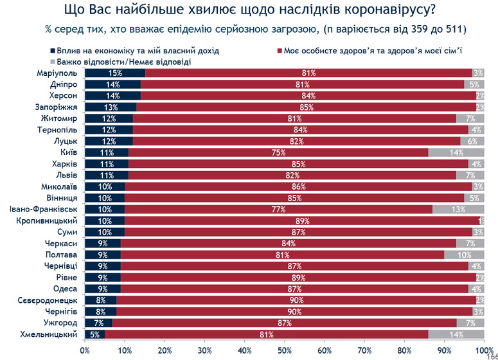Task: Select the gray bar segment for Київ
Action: [456, 153]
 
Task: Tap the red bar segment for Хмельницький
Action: [266, 334]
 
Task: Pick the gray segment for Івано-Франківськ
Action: [458, 210]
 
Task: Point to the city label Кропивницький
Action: [49, 221]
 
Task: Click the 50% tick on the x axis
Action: [285, 350]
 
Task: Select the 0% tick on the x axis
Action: [85, 350]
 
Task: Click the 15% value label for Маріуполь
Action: [116, 73]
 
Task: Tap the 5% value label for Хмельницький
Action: [94, 334]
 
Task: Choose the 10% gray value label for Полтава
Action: [466, 255]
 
